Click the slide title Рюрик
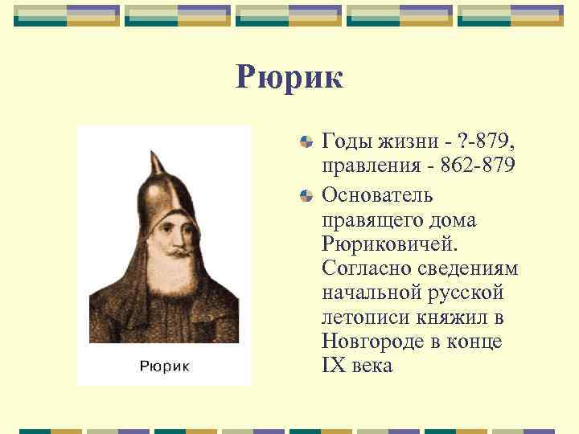coord(289,78)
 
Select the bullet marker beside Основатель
coord(306,194)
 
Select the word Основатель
coord(377,194)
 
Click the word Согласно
coord(359,267)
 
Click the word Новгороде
coord(369,341)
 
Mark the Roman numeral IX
coord(333,366)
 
